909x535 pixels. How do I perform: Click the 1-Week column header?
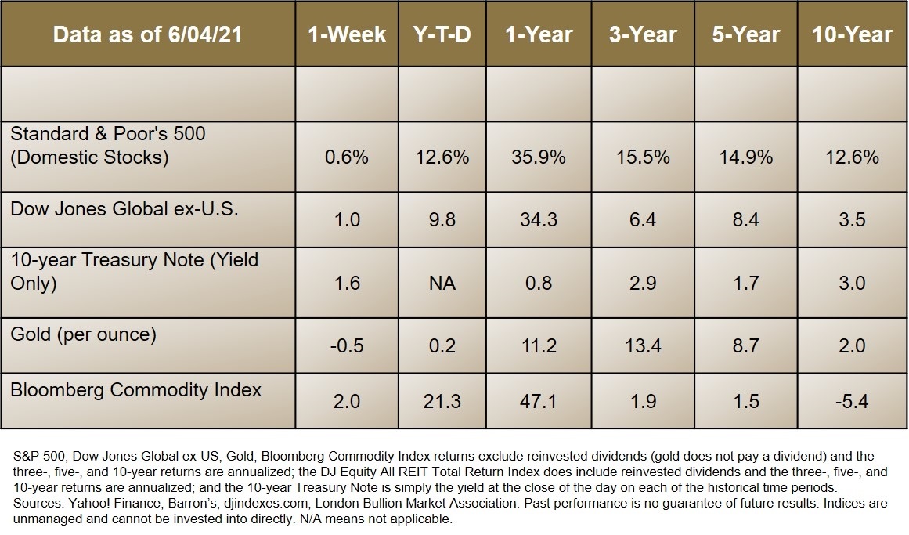coord(347,34)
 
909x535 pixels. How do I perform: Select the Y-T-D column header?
coord(441,34)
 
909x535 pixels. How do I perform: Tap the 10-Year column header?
coord(853,34)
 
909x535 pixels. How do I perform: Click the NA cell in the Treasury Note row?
coord(441,283)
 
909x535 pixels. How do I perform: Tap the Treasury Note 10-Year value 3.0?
coord(853,283)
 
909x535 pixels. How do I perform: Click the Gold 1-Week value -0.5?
coord(347,345)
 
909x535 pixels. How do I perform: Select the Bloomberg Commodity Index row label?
coord(135,389)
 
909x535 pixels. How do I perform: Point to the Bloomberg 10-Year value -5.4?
coord(853,401)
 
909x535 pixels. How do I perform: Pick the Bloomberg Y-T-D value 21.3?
coord(441,401)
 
